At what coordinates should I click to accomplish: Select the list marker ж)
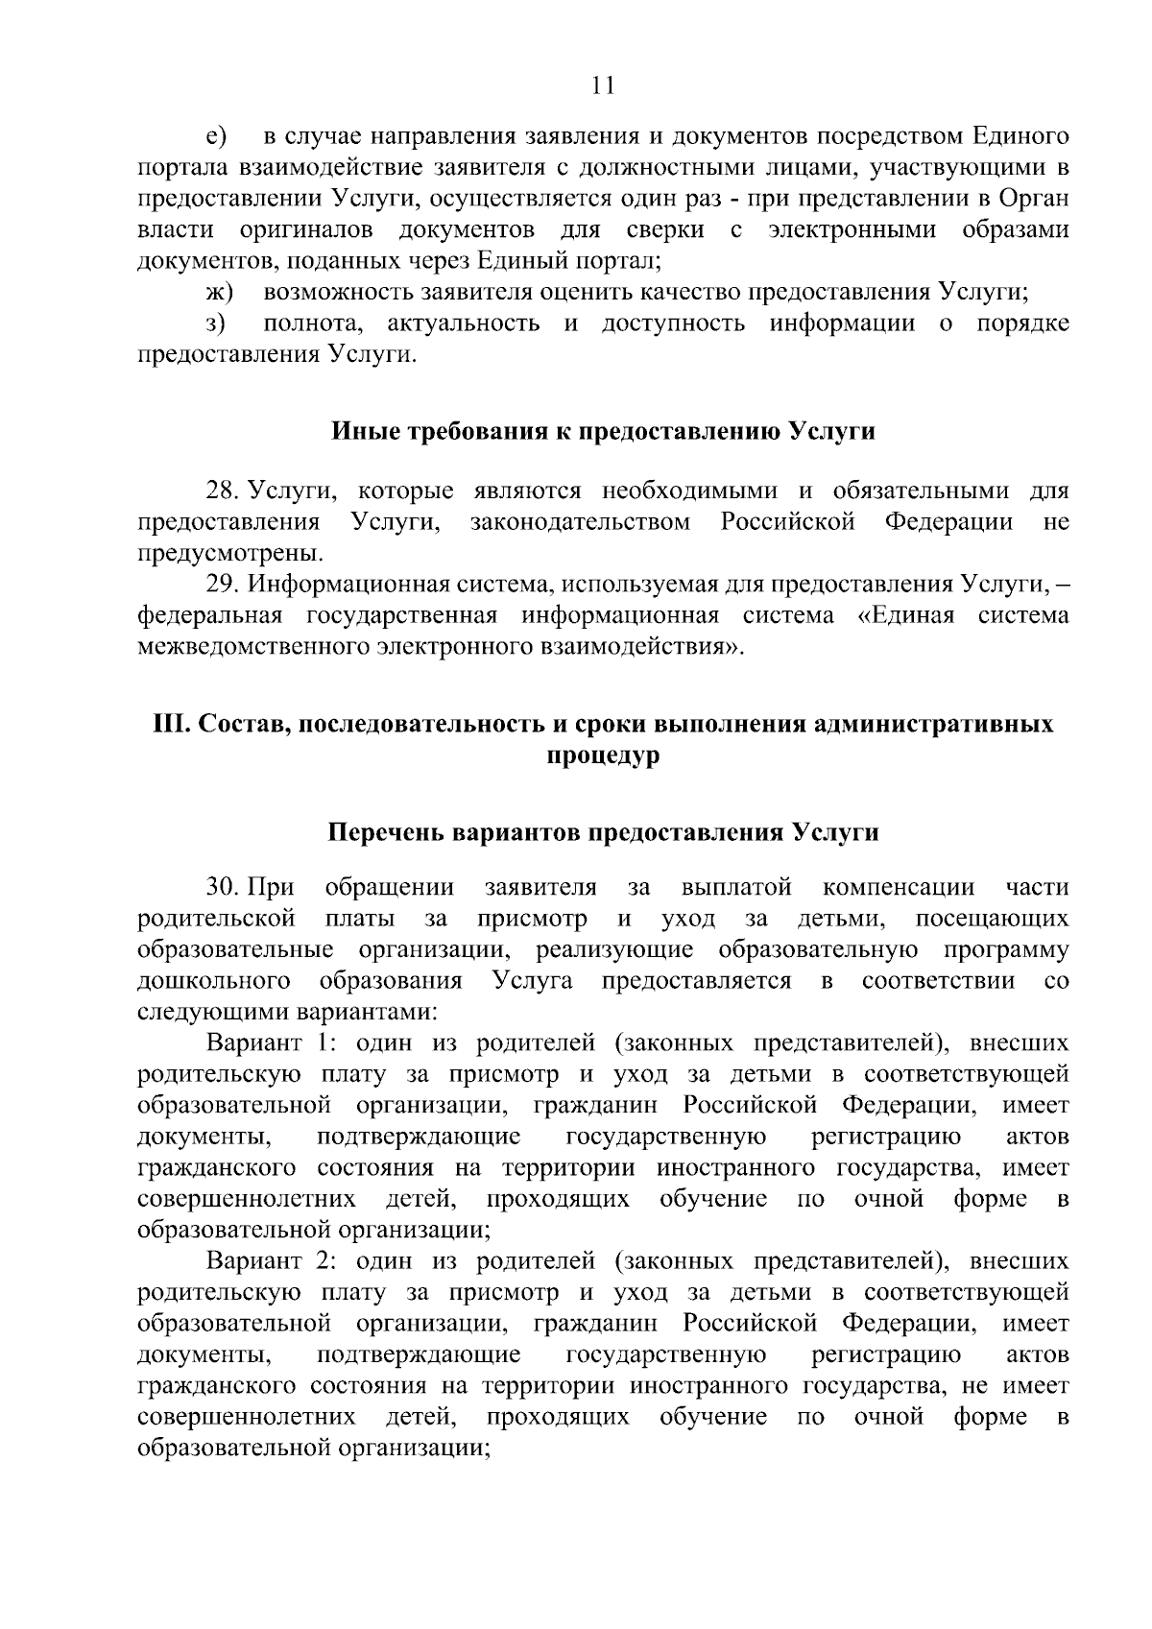pos(220,293)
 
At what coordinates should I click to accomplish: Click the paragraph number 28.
pos(224,492)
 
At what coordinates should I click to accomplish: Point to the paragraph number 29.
pos(224,585)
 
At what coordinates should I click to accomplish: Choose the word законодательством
pos(581,523)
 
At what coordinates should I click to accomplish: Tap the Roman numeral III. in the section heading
pos(172,725)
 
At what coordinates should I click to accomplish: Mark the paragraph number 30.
pos(224,887)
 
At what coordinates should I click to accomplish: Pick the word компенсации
pos(898,887)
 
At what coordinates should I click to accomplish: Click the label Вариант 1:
pos(270,1042)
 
